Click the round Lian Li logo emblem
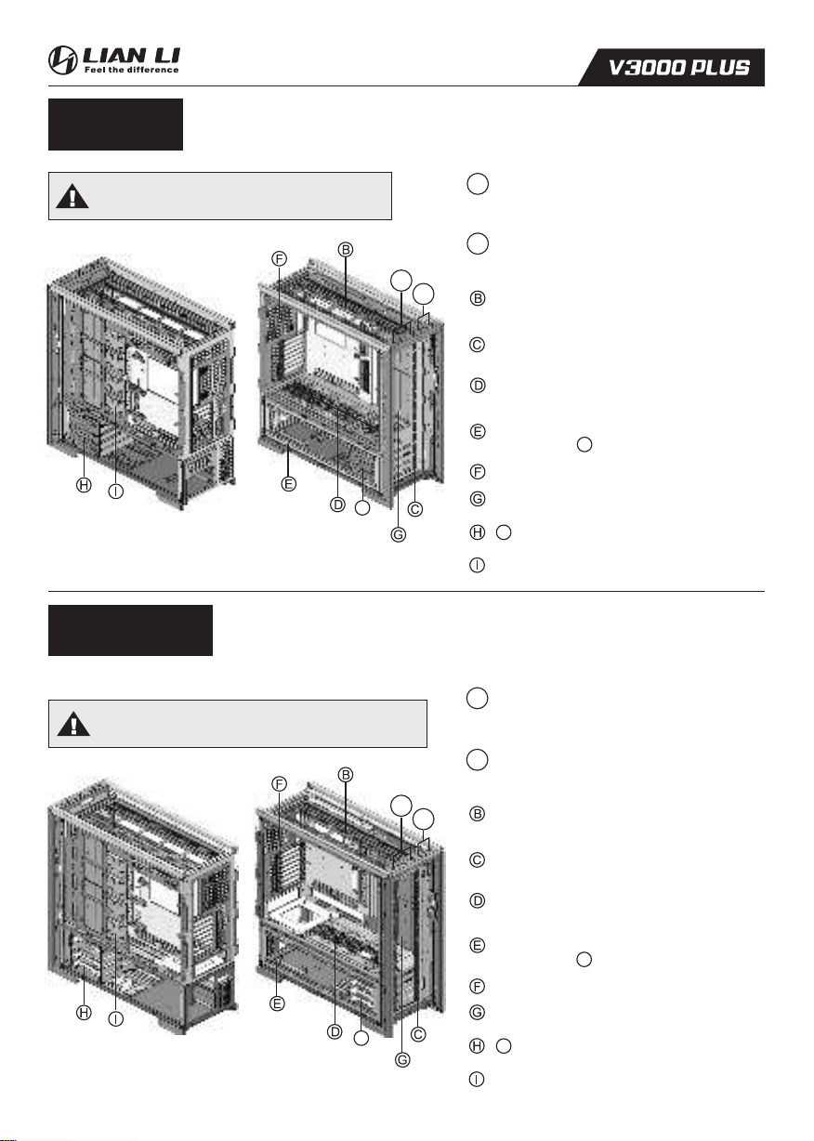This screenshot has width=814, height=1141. pyautogui.click(x=62, y=59)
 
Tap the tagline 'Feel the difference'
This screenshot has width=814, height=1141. pyautogui.click(x=131, y=70)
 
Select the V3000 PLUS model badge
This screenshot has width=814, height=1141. pyautogui.click(x=672, y=67)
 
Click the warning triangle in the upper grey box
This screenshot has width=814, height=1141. pyautogui.click(x=72, y=196)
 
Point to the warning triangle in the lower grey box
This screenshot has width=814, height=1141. pyautogui.click(x=73, y=724)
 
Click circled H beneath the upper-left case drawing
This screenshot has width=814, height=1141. pyautogui.click(x=84, y=485)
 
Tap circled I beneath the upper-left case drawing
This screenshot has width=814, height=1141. pyautogui.click(x=116, y=492)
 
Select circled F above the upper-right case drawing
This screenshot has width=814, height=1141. pyautogui.click(x=279, y=258)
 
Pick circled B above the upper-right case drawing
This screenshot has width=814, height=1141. pyautogui.click(x=346, y=250)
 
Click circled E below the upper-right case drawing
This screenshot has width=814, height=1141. pyautogui.click(x=289, y=484)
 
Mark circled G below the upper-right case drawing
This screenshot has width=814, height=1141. pyautogui.click(x=399, y=535)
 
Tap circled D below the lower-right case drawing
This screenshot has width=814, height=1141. pyautogui.click(x=335, y=1032)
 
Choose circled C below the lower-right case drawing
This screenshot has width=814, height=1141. pyautogui.click(x=418, y=1034)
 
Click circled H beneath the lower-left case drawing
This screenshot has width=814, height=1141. pyautogui.click(x=84, y=1013)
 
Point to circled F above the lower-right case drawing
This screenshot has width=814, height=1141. pyautogui.click(x=279, y=784)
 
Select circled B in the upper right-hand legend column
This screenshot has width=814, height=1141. pyautogui.click(x=478, y=298)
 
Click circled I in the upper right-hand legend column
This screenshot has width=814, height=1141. pyautogui.click(x=477, y=565)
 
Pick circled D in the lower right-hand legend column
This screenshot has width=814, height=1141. pyautogui.click(x=478, y=900)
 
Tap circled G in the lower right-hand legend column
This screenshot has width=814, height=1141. pyautogui.click(x=478, y=1012)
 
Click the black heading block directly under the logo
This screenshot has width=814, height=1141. pyautogui.click(x=115, y=125)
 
